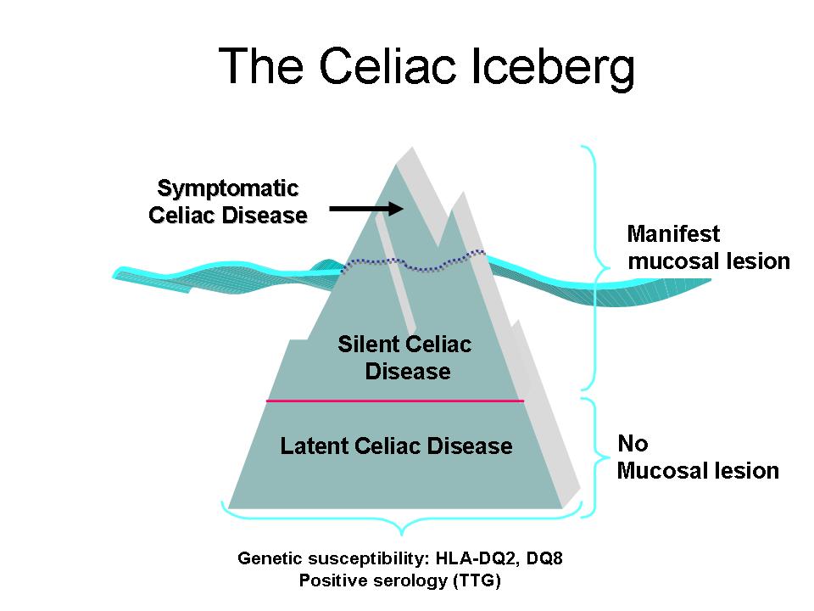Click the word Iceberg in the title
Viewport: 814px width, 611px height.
pyautogui.click(x=552, y=68)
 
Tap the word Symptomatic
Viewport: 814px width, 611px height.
pyautogui.click(x=228, y=188)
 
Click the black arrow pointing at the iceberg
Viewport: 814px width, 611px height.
pyautogui.click(x=366, y=209)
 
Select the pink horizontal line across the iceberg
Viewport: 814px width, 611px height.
pyautogui.click(x=395, y=401)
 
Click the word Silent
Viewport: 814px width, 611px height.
pyautogui.click(x=368, y=344)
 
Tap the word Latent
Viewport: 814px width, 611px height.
pyautogui.click(x=314, y=446)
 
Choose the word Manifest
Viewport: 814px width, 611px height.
pyautogui.click(x=673, y=234)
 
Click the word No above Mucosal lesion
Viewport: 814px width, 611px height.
pyautogui.click(x=633, y=444)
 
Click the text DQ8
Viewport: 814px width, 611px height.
pyautogui.click(x=544, y=558)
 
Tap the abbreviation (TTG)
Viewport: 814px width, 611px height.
pyautogui.click(x=477, y=580)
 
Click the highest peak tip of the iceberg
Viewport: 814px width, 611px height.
pyautogui.click(x=413, y=148)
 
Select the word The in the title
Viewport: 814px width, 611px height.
pyautogui.click(x=260, y=65)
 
